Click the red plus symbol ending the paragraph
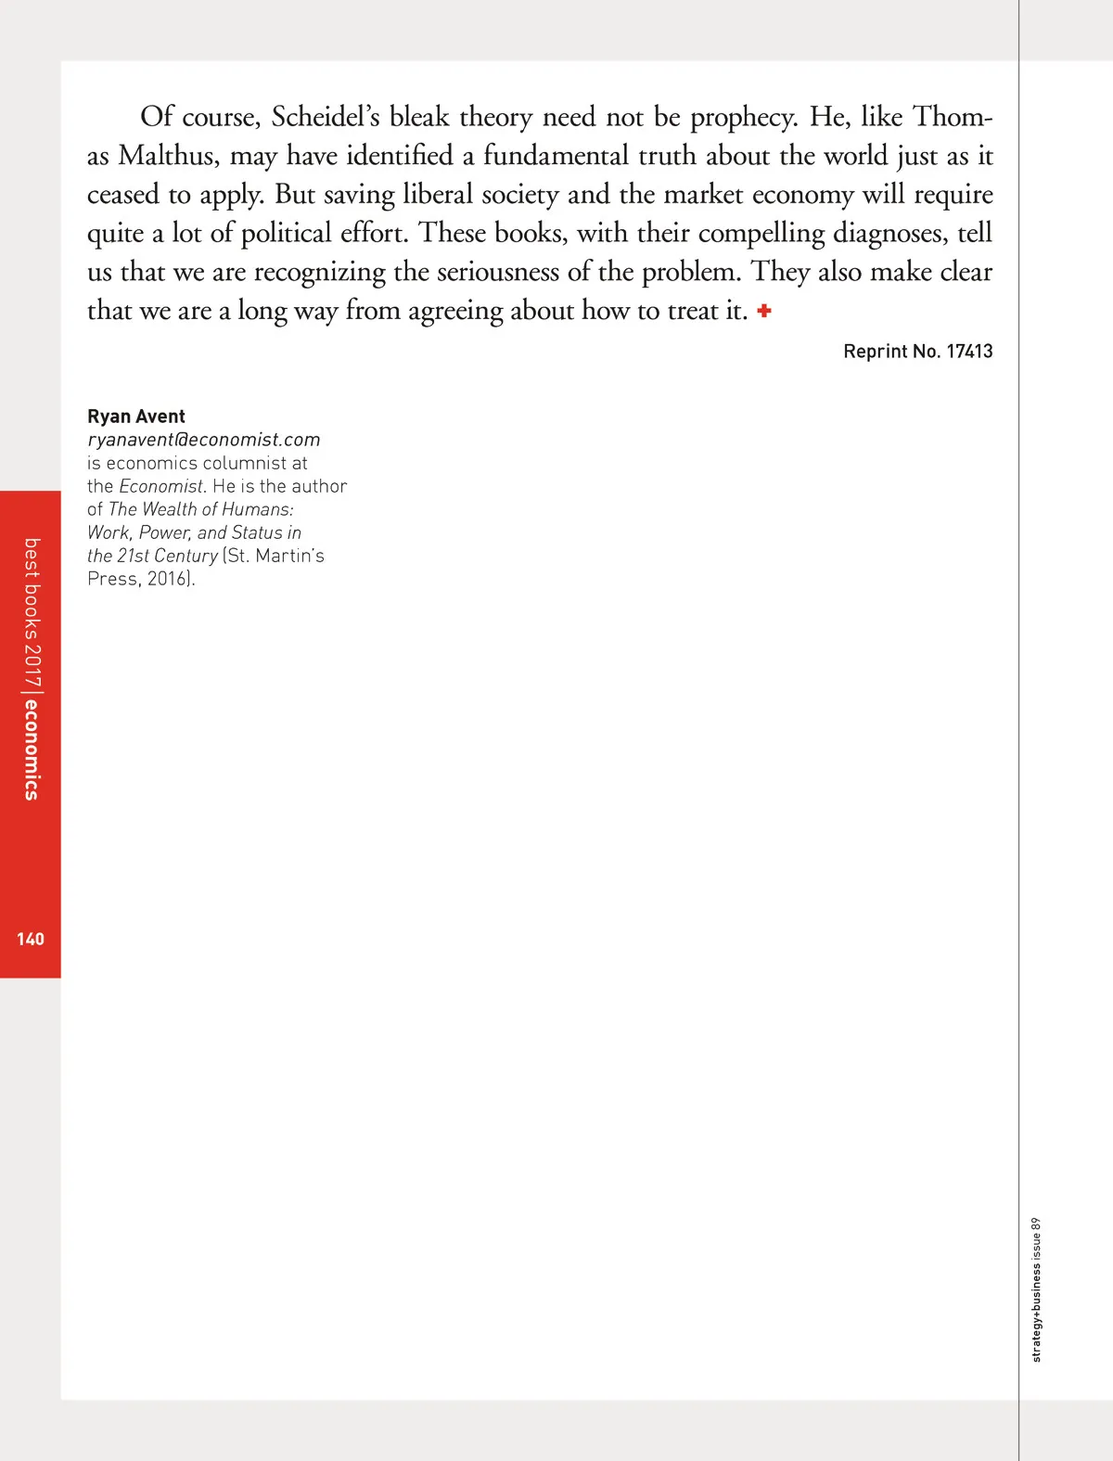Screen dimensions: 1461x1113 [764, 311]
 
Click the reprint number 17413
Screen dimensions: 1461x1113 [969, 352]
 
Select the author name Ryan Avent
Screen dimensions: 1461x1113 [136, 417]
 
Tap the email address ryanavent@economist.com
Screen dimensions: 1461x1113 [203, 440]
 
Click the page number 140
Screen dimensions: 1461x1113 [31, 939]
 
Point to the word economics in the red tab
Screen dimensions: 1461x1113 [31, 750]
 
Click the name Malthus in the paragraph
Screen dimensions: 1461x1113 [169, 156]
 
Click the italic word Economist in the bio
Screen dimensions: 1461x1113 [160, 486]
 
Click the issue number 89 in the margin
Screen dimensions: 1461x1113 [1036, 1224]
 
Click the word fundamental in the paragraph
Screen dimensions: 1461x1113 [556, 156]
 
